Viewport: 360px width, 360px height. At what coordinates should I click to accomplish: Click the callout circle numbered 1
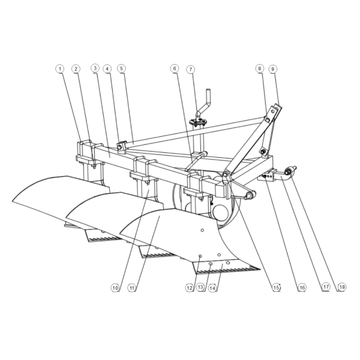click(x=60, y=68)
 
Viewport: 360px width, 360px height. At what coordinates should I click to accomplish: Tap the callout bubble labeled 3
click(x=95, y=68)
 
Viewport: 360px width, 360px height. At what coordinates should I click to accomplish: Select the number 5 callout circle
click(x=121, y=68)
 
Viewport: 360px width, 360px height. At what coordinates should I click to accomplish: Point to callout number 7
click(x=191, y=70)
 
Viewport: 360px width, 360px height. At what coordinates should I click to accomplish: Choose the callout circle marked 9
click(x=273, y=69)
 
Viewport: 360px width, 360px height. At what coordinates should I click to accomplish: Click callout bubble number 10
click(x=115, y=287)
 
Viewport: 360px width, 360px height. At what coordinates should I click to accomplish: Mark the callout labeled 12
click(x=190, y=287)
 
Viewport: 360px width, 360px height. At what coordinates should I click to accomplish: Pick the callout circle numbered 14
click(x=212, y=287)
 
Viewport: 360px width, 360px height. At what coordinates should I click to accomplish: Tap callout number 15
click(x=277, y=287)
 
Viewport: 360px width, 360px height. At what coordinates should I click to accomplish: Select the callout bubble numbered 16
click(x=302, y=287)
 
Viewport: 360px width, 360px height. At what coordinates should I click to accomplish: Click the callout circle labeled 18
click(x=342, y=287)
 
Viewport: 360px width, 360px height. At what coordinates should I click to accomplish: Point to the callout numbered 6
click(x=175, y=68)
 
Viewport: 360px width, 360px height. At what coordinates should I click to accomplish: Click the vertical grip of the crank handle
click(x=208, y=94)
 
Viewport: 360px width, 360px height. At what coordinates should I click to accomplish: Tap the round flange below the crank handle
click(x=197, y=122)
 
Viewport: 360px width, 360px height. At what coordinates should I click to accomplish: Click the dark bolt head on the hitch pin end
click(x=287, y=172)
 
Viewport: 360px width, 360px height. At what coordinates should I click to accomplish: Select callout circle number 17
click(x=326, y=287)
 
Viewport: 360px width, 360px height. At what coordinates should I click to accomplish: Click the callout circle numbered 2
click(x=76, y=68)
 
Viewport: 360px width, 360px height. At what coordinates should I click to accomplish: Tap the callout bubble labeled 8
click(x=259, y=68)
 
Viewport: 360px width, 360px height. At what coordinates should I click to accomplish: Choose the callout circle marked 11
click(x=132, y=287)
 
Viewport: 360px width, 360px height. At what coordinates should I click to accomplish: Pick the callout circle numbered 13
click(x=200, y=287)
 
